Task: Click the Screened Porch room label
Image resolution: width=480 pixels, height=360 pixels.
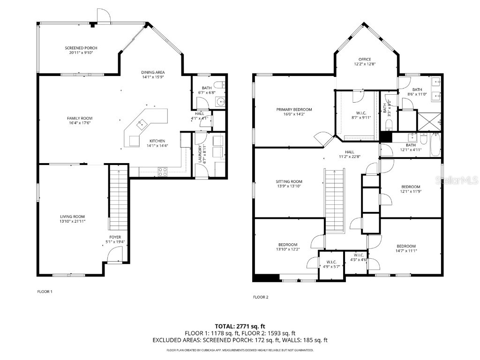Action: [81, 48]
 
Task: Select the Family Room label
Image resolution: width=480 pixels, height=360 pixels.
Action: [80, 118]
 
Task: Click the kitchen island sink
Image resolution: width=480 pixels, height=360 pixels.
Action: [141, 123]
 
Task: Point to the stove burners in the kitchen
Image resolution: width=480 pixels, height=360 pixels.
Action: [163, 172]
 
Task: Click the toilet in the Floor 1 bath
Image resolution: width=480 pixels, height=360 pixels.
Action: [217, 85]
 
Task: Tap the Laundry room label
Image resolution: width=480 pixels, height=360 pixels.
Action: [200, 153]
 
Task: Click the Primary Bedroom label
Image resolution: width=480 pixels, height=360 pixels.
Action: [294, 109]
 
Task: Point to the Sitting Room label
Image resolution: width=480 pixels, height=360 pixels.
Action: [289, 181]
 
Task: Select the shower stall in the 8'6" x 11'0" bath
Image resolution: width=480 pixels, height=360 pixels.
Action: [429, 120]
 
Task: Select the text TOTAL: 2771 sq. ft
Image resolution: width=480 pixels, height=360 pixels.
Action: [240, 326]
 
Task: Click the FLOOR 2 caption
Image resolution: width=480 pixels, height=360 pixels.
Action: [260, 297]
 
